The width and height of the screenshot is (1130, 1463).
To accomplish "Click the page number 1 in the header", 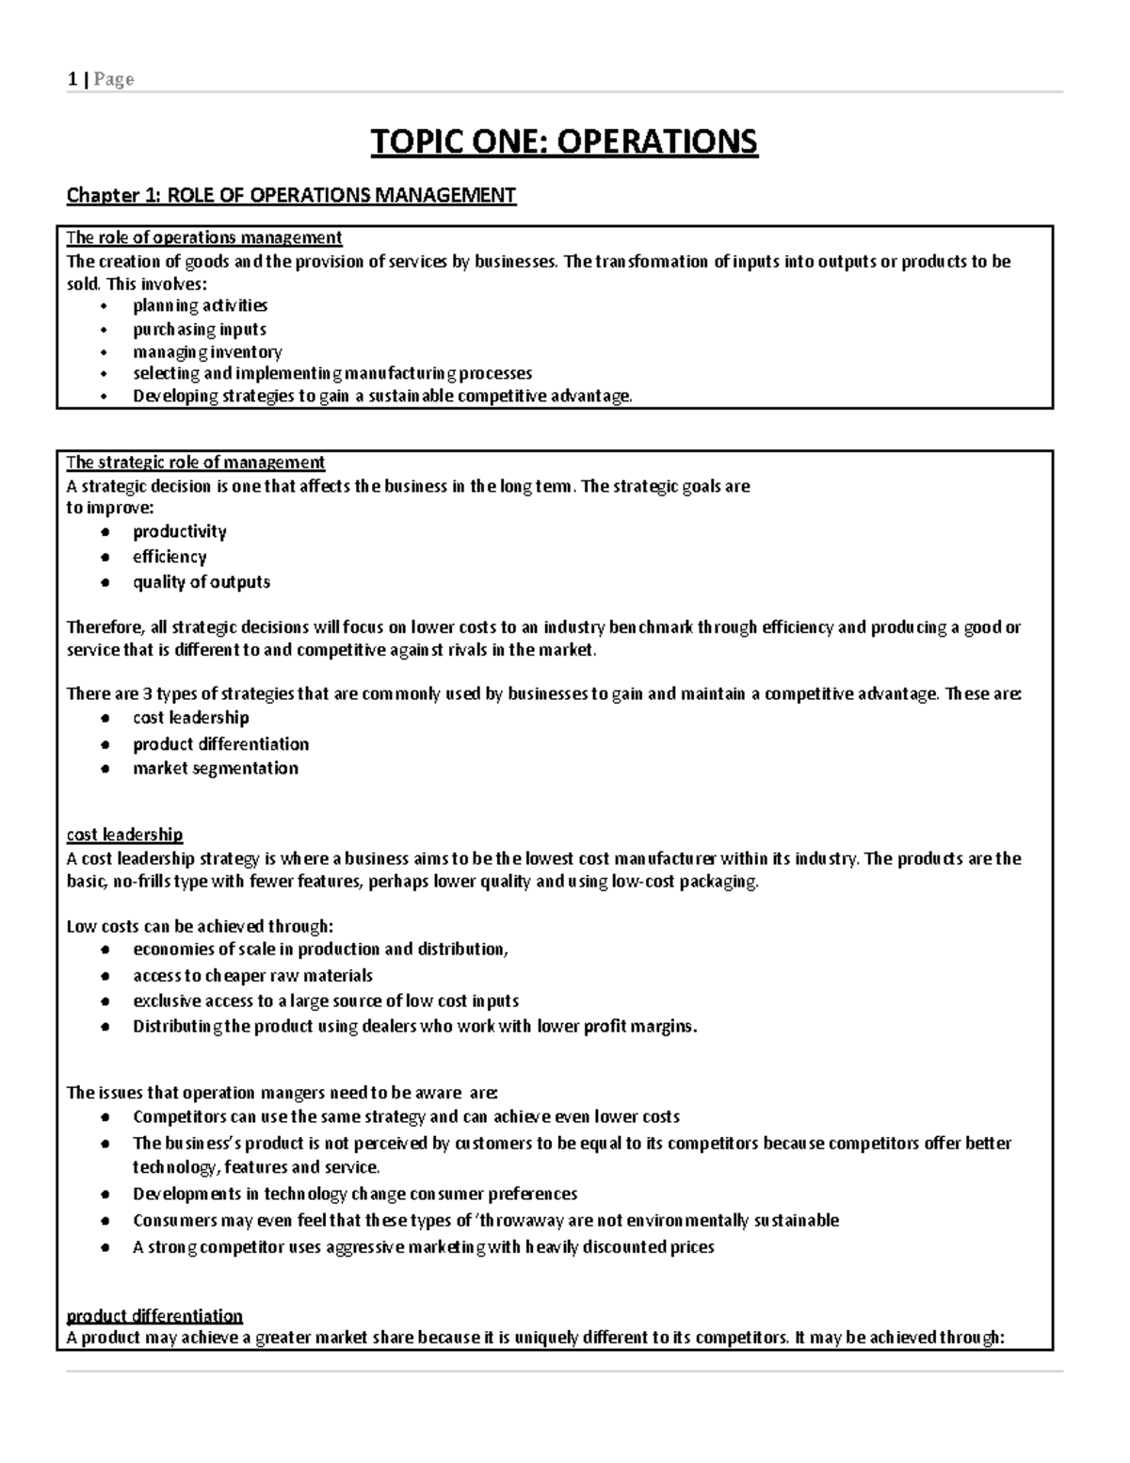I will (72, 79).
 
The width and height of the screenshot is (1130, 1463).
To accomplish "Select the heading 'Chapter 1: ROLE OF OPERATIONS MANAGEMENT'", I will (291, 195).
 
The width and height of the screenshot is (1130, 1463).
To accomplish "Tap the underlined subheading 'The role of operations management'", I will (204, 237).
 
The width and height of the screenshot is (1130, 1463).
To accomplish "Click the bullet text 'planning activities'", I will (200, 305).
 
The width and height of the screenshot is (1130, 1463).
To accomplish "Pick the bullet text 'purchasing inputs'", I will (199, 329).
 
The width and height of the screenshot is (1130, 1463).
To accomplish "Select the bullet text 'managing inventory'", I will (207, 351).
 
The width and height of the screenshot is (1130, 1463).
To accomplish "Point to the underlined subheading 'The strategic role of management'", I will (196, 463).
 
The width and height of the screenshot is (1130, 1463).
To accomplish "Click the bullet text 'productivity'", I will (179, 531).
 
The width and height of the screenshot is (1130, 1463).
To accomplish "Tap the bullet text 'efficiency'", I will (169, 557).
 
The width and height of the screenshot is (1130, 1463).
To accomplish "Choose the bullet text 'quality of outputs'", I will (202, 582).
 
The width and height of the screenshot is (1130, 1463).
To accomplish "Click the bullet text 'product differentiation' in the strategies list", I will (220, 744).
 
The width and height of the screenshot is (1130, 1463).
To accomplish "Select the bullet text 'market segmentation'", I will (216, 769).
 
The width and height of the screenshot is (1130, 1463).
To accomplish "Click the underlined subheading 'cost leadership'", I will (124, 835).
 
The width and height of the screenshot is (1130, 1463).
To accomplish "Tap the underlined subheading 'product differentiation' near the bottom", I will (154, 1315).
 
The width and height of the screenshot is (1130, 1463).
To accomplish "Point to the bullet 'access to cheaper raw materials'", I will (252, 976).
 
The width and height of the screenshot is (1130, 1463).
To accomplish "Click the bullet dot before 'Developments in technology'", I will (107, 1195).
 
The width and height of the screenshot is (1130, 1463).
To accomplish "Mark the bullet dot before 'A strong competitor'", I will (107, 1247).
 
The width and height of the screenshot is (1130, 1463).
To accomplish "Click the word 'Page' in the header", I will (113, 79).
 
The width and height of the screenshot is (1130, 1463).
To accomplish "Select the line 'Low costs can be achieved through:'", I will (200, 926).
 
